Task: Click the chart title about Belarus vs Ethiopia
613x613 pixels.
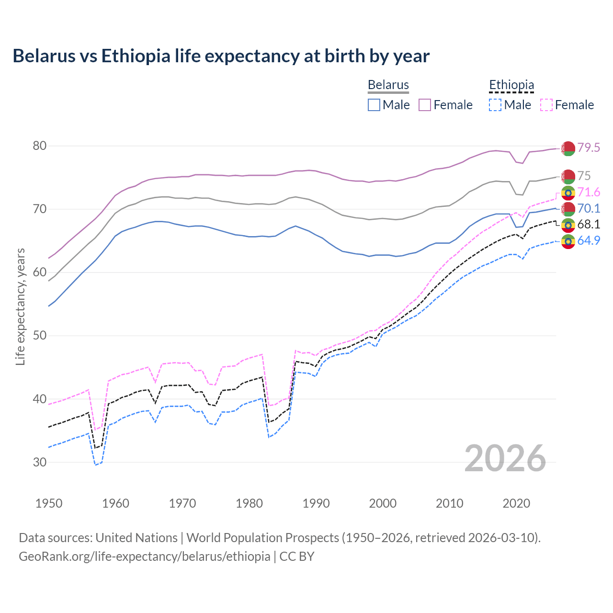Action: pos(221,56)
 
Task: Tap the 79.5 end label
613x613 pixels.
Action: pos(588,148)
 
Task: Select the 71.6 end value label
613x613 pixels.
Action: pos(588,192)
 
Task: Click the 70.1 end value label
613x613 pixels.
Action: pos(588,208)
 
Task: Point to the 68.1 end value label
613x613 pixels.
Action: pos(588,224)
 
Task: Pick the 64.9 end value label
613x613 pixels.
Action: pos(588,240)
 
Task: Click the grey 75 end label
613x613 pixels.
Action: pos(584,176)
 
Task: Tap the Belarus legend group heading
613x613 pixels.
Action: pos(388,85)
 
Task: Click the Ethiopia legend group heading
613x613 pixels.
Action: pos(511,85)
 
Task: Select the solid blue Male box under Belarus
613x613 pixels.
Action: pos(374,105)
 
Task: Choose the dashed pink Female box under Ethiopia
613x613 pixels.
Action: pos(546,105)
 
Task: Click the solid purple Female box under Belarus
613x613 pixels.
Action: pos(425,105)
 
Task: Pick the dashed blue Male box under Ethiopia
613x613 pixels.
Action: pos(495,105)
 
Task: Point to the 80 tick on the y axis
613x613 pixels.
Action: pos(40,146)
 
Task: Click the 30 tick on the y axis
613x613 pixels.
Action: pos(40,462)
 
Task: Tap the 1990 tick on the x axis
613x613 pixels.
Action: pos(316,503)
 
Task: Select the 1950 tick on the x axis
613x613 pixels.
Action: pos(49,503)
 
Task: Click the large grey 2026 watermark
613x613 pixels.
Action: pos(505,458)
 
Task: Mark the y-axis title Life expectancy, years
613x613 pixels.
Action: pos(21,306)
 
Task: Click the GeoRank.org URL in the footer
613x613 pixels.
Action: pos(144,556)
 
